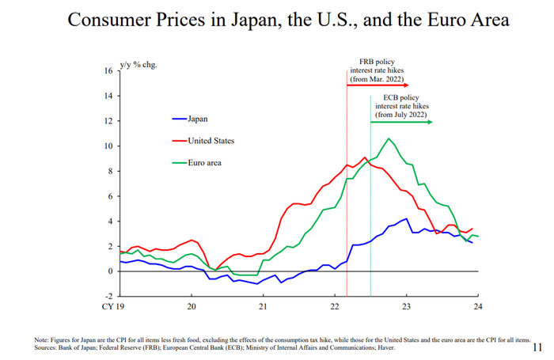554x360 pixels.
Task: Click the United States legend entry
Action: point(211,141)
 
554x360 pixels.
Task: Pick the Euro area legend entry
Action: point(204,162)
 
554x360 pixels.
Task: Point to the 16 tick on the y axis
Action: point(108,70)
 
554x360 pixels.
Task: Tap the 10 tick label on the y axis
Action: point(108,146)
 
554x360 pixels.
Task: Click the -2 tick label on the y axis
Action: point(108,296)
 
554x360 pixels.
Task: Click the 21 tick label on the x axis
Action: point(263,307)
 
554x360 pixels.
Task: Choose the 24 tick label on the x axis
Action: point(477,307)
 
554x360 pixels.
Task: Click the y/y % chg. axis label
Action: point(138,63)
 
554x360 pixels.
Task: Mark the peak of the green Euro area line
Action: point(388,139)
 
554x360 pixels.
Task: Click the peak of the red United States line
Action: point(364,157)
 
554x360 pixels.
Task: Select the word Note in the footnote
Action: point(41,339)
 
